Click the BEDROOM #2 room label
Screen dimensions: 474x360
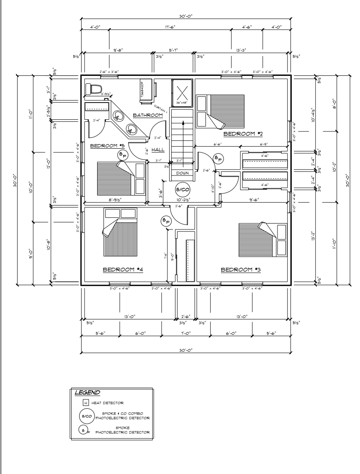[243, 134]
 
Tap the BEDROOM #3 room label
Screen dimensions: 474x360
[241, 270]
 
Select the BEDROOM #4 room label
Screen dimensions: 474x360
[123, 270]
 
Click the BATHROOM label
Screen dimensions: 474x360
[147, 115]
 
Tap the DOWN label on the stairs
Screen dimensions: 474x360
[182, 173]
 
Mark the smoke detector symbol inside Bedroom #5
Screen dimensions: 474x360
[122, 155]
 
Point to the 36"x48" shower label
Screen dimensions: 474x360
[182, 102]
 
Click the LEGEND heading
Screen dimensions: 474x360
[87, 393]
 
